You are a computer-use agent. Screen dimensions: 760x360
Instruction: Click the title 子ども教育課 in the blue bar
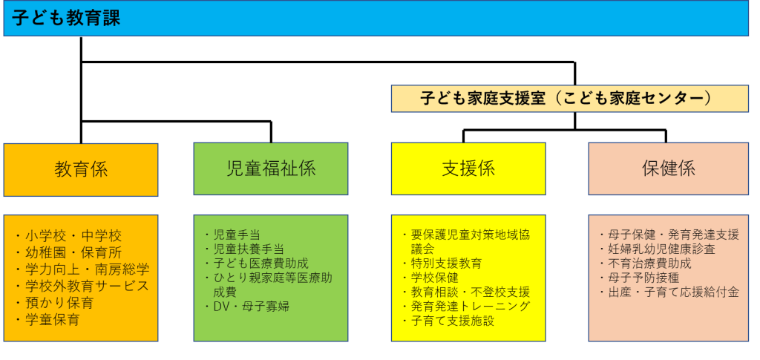[x=66, y=19]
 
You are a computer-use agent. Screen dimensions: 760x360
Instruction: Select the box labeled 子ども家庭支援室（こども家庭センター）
[x=569, y=99]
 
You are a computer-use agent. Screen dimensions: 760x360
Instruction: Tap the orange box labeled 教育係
[x=81, y=169]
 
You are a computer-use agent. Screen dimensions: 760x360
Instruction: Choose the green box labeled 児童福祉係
[x=271, y=168]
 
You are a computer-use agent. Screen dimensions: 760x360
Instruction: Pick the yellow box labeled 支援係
[x=468, y=168]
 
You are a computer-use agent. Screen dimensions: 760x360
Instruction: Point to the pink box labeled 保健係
[x=669, y=168]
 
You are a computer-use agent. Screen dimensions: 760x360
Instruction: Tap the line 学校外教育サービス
[x=82, y=286]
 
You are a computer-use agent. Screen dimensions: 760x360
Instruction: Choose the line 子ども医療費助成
[x=256, y=263]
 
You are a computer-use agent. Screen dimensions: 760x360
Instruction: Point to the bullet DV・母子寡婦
[x=246, y=307]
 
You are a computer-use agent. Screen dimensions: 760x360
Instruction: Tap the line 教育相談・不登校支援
[x=466, y=292]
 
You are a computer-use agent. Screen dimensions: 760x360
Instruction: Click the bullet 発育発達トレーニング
[x=466, y=307]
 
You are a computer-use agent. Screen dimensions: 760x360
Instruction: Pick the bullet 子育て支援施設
[x=448, y=320]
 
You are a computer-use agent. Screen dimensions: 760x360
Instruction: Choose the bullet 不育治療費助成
[x=645, y=264]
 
